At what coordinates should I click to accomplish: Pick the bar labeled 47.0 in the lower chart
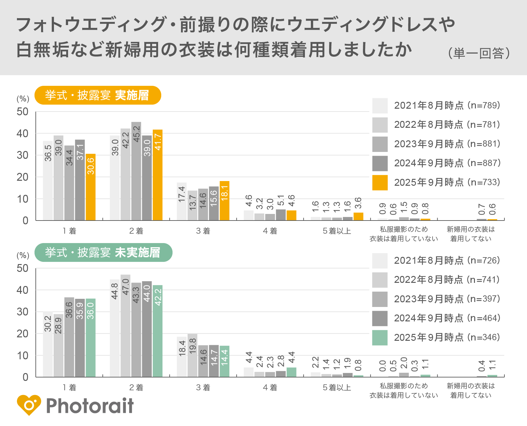pos(125,326)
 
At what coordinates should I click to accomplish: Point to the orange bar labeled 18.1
pos(224,200)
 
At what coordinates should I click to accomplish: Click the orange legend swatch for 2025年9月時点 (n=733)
pos(380,183)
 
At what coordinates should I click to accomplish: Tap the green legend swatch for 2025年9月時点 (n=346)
pos(380,338)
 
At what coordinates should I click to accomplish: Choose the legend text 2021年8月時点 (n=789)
pos(447,106)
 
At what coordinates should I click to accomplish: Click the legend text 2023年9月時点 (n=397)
pos(447,299)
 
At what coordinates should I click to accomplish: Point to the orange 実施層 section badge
pos(98,95)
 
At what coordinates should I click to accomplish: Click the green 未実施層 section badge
pos(103,252)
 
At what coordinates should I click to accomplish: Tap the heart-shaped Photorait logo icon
pos(29,405)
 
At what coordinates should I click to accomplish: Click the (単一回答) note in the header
pos(479,53)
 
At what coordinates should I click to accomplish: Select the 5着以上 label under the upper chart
pos(337,231)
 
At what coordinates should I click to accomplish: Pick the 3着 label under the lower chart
pos(203,388)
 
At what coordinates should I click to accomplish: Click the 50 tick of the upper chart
pos(23,112)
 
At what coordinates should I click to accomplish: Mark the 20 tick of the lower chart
pos(23,334)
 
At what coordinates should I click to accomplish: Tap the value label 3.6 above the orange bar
pos(358,203)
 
